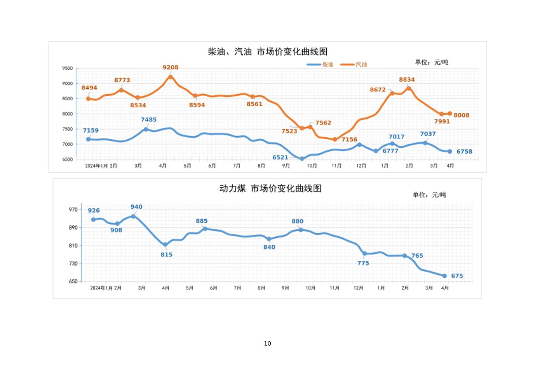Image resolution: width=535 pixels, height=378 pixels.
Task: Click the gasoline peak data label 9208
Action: (170, 68)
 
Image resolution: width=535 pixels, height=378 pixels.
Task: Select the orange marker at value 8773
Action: (121, 90)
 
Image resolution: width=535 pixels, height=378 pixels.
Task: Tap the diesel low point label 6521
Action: (280, 157)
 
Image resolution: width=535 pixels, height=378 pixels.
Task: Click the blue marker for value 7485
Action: (146, 129)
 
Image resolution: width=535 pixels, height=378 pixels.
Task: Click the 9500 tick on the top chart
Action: (68, 68)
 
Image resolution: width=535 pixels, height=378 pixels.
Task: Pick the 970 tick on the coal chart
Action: (73, 210)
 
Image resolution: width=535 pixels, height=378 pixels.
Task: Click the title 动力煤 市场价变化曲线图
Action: (270, 188)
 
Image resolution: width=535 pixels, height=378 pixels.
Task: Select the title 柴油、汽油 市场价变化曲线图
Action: (267, 52)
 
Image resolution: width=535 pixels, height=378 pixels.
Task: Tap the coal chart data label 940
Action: (136, 207)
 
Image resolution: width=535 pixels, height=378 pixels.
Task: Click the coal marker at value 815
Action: (165, 245)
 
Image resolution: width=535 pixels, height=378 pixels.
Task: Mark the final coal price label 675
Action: (457, 276)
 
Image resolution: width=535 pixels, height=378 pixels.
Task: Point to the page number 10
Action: (267, 344)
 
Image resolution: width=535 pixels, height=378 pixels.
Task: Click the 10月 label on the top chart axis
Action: (312, 166)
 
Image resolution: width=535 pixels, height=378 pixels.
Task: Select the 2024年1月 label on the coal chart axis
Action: (101, 288)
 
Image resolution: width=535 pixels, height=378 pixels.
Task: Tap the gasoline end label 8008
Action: (461, 115)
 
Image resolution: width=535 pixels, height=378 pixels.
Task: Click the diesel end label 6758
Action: (464, 152)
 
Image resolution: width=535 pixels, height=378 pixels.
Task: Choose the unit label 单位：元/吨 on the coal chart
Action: (429, 195)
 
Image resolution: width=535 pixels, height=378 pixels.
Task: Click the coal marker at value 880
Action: (301, 230)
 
